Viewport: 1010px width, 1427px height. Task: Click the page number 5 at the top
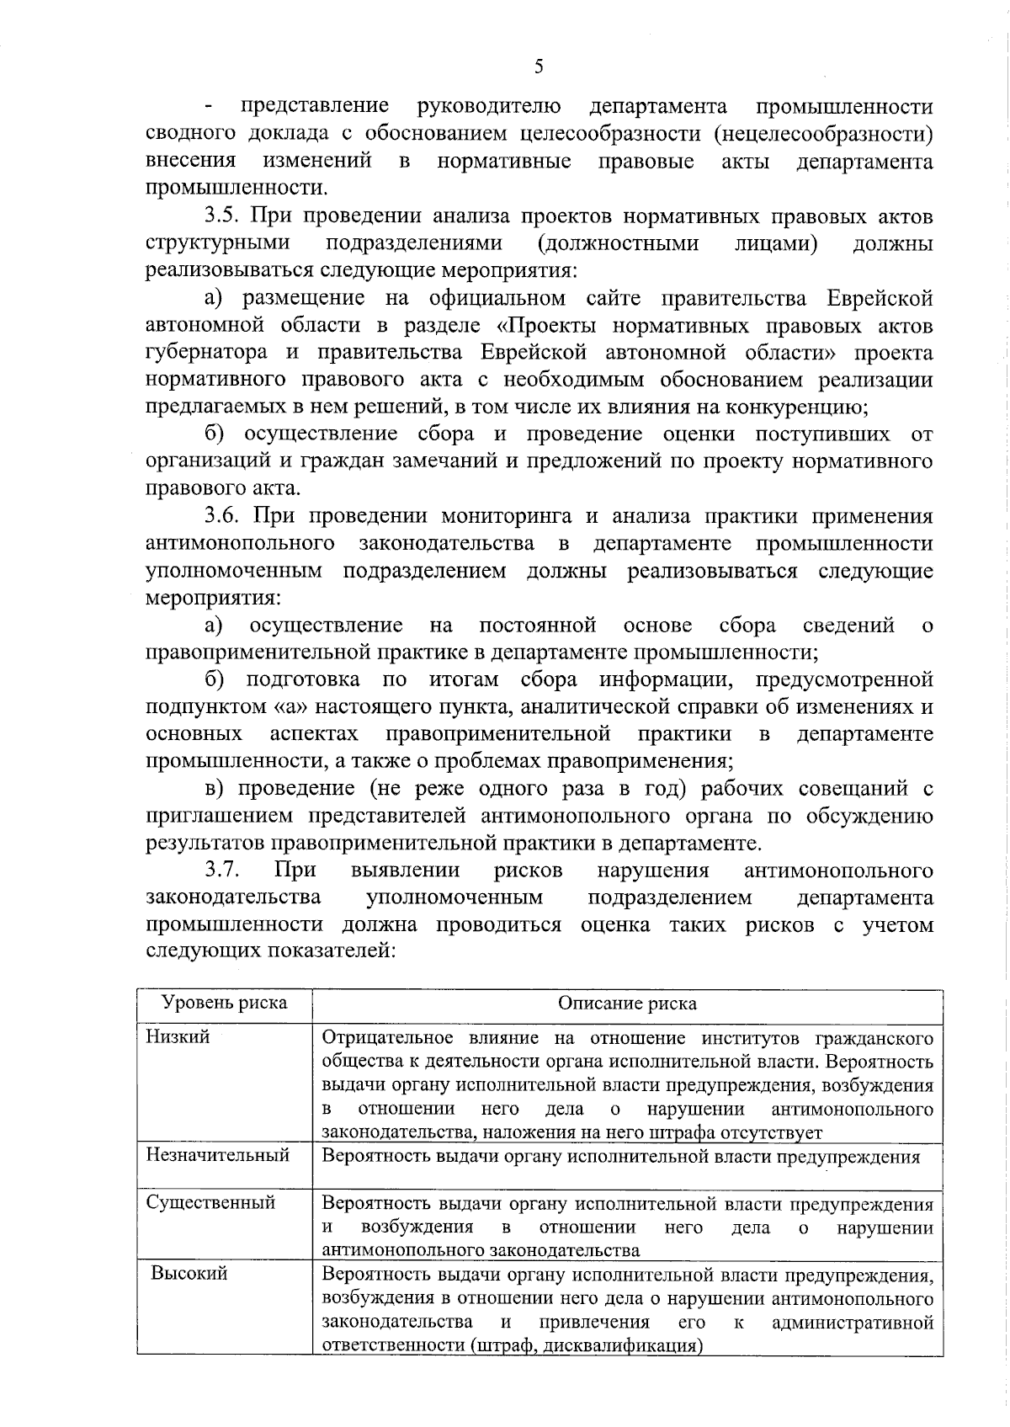tap(539, 67)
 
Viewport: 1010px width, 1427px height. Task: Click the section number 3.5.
tap(224, 216)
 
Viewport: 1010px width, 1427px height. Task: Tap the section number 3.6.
tap(225, 516)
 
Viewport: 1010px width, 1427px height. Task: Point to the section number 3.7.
tap(225, 870)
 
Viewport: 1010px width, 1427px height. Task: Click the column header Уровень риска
tap(224, 1003)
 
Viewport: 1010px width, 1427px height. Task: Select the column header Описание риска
tap(627, 1004)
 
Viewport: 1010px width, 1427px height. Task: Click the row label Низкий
tap(178, 1036)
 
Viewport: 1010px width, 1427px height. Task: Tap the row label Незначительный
tap(217, 1154)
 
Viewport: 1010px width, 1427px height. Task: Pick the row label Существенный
tap(210, 1202)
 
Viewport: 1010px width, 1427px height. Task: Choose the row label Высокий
tap(189, 1273)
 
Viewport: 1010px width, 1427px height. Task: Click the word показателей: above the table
tap(330, 951)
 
